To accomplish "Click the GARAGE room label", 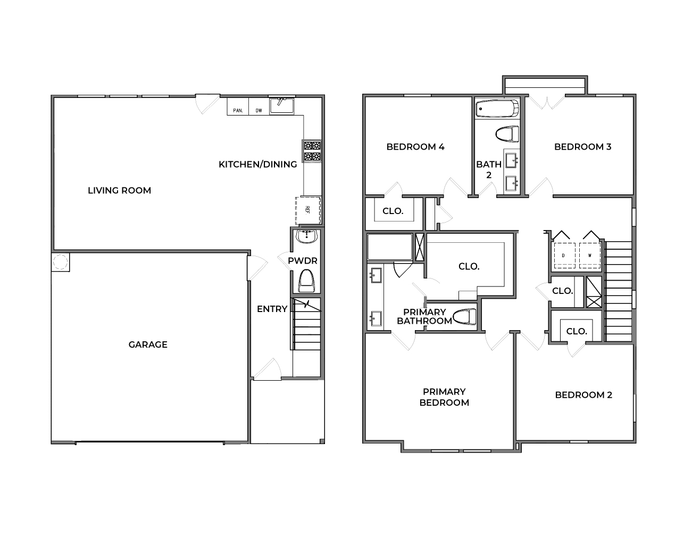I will click(x=148, y=345).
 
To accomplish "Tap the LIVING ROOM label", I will click(x=119, y=190).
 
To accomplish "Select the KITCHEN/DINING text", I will click(x=257, y=164).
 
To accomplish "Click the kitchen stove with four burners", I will click(x=312, y=151).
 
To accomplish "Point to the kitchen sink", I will click(x=281, y=105).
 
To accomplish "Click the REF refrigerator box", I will click(x=309, y=210).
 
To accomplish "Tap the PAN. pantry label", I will click(x=238, y=111).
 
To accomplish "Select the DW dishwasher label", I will click(x=259, y=111).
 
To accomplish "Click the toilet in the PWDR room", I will click(x=306, y=281).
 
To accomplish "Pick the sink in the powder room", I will click(x=306, y=236).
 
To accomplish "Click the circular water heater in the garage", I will click(x=60, y=263).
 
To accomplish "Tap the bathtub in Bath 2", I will click(x=497, y=109).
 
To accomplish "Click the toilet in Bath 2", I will click(x=506, y=134).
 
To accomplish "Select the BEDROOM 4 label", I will click(x=415, y=146).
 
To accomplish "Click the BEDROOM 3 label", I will click(x=582, y=146).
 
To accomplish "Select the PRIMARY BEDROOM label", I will click(x=444, y=397).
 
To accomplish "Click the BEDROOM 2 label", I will click(x=583, y=395).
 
